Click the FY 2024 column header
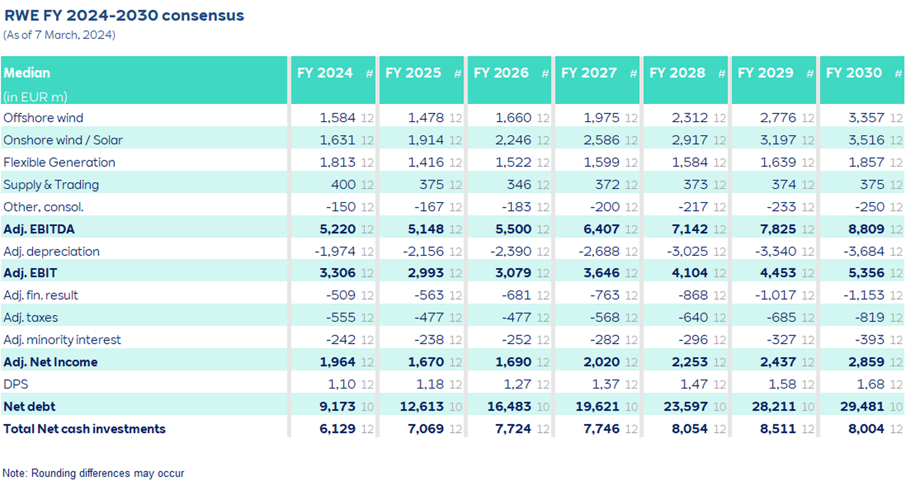pos(324,73)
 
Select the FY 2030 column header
pos(853,73)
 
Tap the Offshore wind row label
pos(43,118)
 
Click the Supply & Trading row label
pos(51,184)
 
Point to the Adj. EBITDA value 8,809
pos(866,229)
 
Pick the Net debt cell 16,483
pos(509,406)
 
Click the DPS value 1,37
pos(605,384)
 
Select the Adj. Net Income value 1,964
pos(337,362)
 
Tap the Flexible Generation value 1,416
pos(426,162)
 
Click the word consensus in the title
pos(203,15)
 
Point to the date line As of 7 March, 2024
pos(59,35)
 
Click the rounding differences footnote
pos(93,473)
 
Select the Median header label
pos(27,73)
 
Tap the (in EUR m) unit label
pos(35,97)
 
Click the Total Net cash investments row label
pos(84,429)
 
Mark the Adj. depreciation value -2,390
pos(511,251)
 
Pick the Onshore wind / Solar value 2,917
pos(690,140)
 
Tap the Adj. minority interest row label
pos(62,340)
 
